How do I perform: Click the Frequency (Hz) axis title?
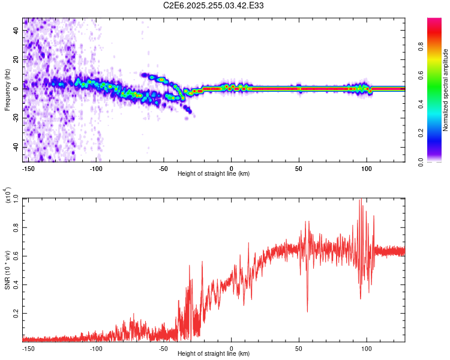(7, 89)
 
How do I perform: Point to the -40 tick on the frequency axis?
(16, 147)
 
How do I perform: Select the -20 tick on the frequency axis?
(16, 118)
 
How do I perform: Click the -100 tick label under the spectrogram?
(97, 168)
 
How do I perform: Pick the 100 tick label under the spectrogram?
(366, 168)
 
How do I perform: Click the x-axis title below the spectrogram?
(214, 174)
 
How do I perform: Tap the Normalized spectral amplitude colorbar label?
(446, 90)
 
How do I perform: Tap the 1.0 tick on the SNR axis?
(16, 199)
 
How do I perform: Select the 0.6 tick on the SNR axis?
(16, 256)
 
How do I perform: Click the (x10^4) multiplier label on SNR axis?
(7, 196)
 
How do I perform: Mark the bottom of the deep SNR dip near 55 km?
(307, 312)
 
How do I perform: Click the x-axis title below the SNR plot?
(214, 354)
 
